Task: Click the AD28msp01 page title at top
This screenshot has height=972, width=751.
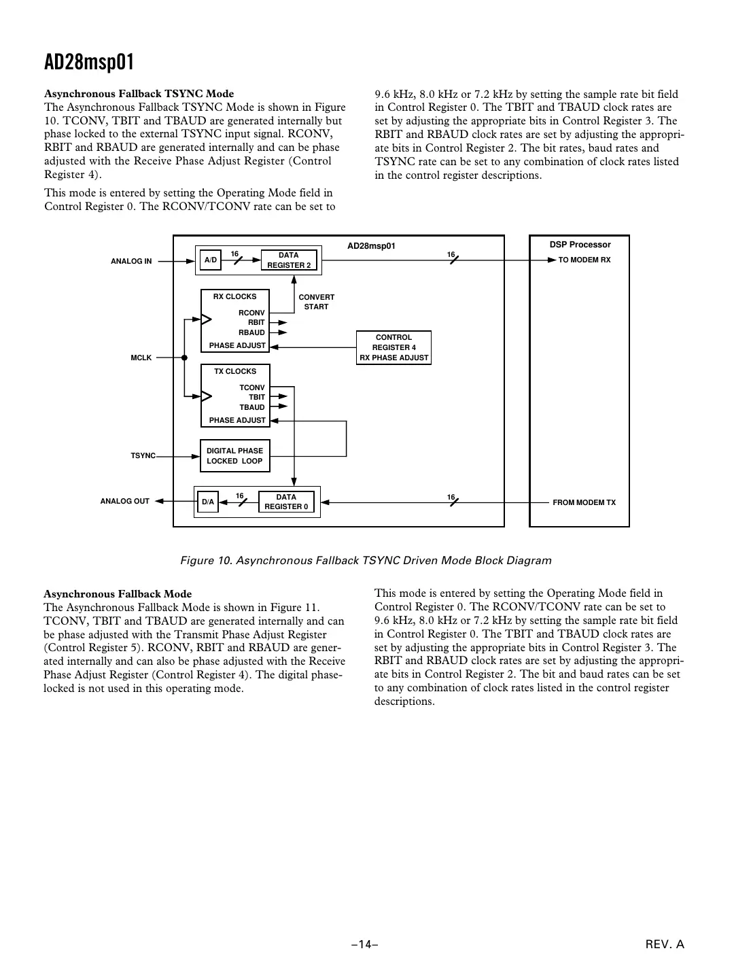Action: (89, 63)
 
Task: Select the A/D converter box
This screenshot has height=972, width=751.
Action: (211, 260)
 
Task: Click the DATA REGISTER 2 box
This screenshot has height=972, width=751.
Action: (289, 260)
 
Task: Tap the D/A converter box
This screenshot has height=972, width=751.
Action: (208, 502)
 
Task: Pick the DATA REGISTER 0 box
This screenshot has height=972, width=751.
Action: (286, 502)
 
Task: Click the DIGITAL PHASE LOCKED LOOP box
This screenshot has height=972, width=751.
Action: (234, 456)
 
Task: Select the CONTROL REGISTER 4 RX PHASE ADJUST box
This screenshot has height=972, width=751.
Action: (394, 347)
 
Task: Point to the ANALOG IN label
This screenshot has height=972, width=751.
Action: (131, 261)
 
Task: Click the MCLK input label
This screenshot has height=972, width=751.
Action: (141, 358)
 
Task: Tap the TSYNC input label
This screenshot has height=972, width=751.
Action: (143, 455)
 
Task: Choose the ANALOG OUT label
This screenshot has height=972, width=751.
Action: (124, 502)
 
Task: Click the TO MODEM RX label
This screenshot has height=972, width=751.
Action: (584, 260)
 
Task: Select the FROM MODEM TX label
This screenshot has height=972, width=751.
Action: (584, 502)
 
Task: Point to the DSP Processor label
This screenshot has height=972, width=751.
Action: (580, 245)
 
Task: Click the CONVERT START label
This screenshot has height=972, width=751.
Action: (316, 302)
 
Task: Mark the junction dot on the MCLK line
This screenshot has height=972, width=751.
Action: (184, 358)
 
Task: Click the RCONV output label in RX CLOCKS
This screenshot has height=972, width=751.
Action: (251, 313)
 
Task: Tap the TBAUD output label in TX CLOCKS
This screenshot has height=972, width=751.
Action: (251, 407)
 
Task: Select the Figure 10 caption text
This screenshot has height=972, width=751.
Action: (366, 561)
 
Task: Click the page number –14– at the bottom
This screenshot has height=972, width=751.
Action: (364, 944)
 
